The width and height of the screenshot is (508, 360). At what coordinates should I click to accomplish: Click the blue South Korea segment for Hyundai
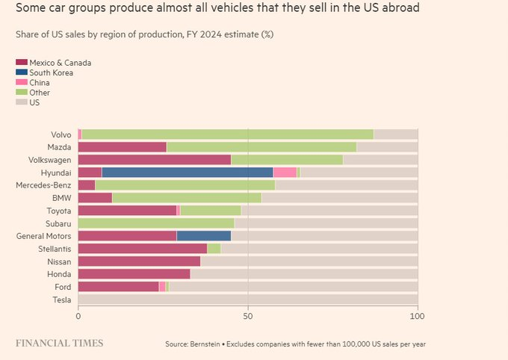(x=188, y=173)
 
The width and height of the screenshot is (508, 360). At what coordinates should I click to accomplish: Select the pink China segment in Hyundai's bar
(x=285, y=173)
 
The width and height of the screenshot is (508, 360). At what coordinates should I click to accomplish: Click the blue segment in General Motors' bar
(x=203, y=236)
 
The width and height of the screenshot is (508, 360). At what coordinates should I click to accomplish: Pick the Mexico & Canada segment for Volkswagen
(x=154, y=160)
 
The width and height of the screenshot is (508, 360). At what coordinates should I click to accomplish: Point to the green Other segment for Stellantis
(x=214, y=249)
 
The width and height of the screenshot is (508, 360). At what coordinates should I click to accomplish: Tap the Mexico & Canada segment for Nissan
(x=139, y=261)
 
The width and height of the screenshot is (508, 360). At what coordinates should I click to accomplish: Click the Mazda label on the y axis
(x=59, y=147)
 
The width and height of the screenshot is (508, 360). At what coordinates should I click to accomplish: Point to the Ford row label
(x=63, y=287)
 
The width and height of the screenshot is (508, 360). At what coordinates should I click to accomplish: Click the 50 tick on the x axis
(x=248, y=316)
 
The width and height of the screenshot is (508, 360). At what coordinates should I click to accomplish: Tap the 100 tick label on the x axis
(x=418, y=316)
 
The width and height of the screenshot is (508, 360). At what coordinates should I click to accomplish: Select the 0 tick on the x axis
(x=78, y=316)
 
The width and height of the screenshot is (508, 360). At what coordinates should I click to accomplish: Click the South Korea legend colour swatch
(x=20, y=73)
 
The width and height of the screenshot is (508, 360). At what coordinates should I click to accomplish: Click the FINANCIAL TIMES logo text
(x=60, y=343)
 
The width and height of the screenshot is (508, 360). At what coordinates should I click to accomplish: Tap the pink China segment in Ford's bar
(x=162, y=287)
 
